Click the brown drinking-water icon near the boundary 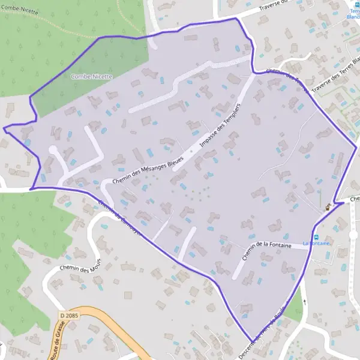328,207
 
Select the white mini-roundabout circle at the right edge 353,234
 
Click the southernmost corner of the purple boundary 248,340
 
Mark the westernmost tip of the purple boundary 4,128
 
